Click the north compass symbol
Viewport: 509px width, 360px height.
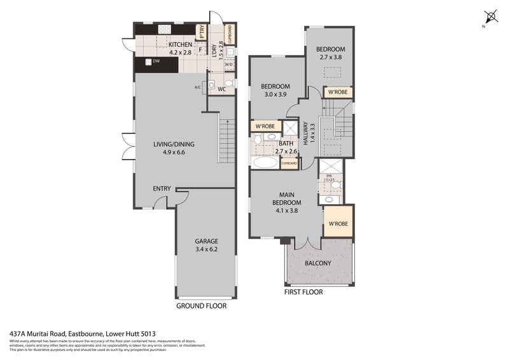tap(490, 16)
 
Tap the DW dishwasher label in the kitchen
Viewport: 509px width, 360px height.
tap(156, 62)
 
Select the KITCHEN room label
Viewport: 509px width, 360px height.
tap(180, 44)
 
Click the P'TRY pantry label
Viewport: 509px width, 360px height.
tap(202, 30)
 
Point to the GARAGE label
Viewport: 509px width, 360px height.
tap(206, 241)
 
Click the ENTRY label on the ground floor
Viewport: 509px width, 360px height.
tap(162, 188)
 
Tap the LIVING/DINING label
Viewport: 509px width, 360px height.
tap(174, 144)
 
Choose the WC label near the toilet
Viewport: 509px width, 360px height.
tap(221, 89)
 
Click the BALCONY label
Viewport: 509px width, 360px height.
tap(317, 263)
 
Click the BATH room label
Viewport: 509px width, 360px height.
tap(286, 144)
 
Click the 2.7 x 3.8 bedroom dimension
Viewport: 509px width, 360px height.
tap(331, 58)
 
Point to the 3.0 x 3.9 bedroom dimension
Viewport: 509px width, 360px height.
tap(275, 95)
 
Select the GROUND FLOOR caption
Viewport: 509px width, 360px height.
tap(202, 306)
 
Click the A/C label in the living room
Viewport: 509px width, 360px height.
tap(197, 87)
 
